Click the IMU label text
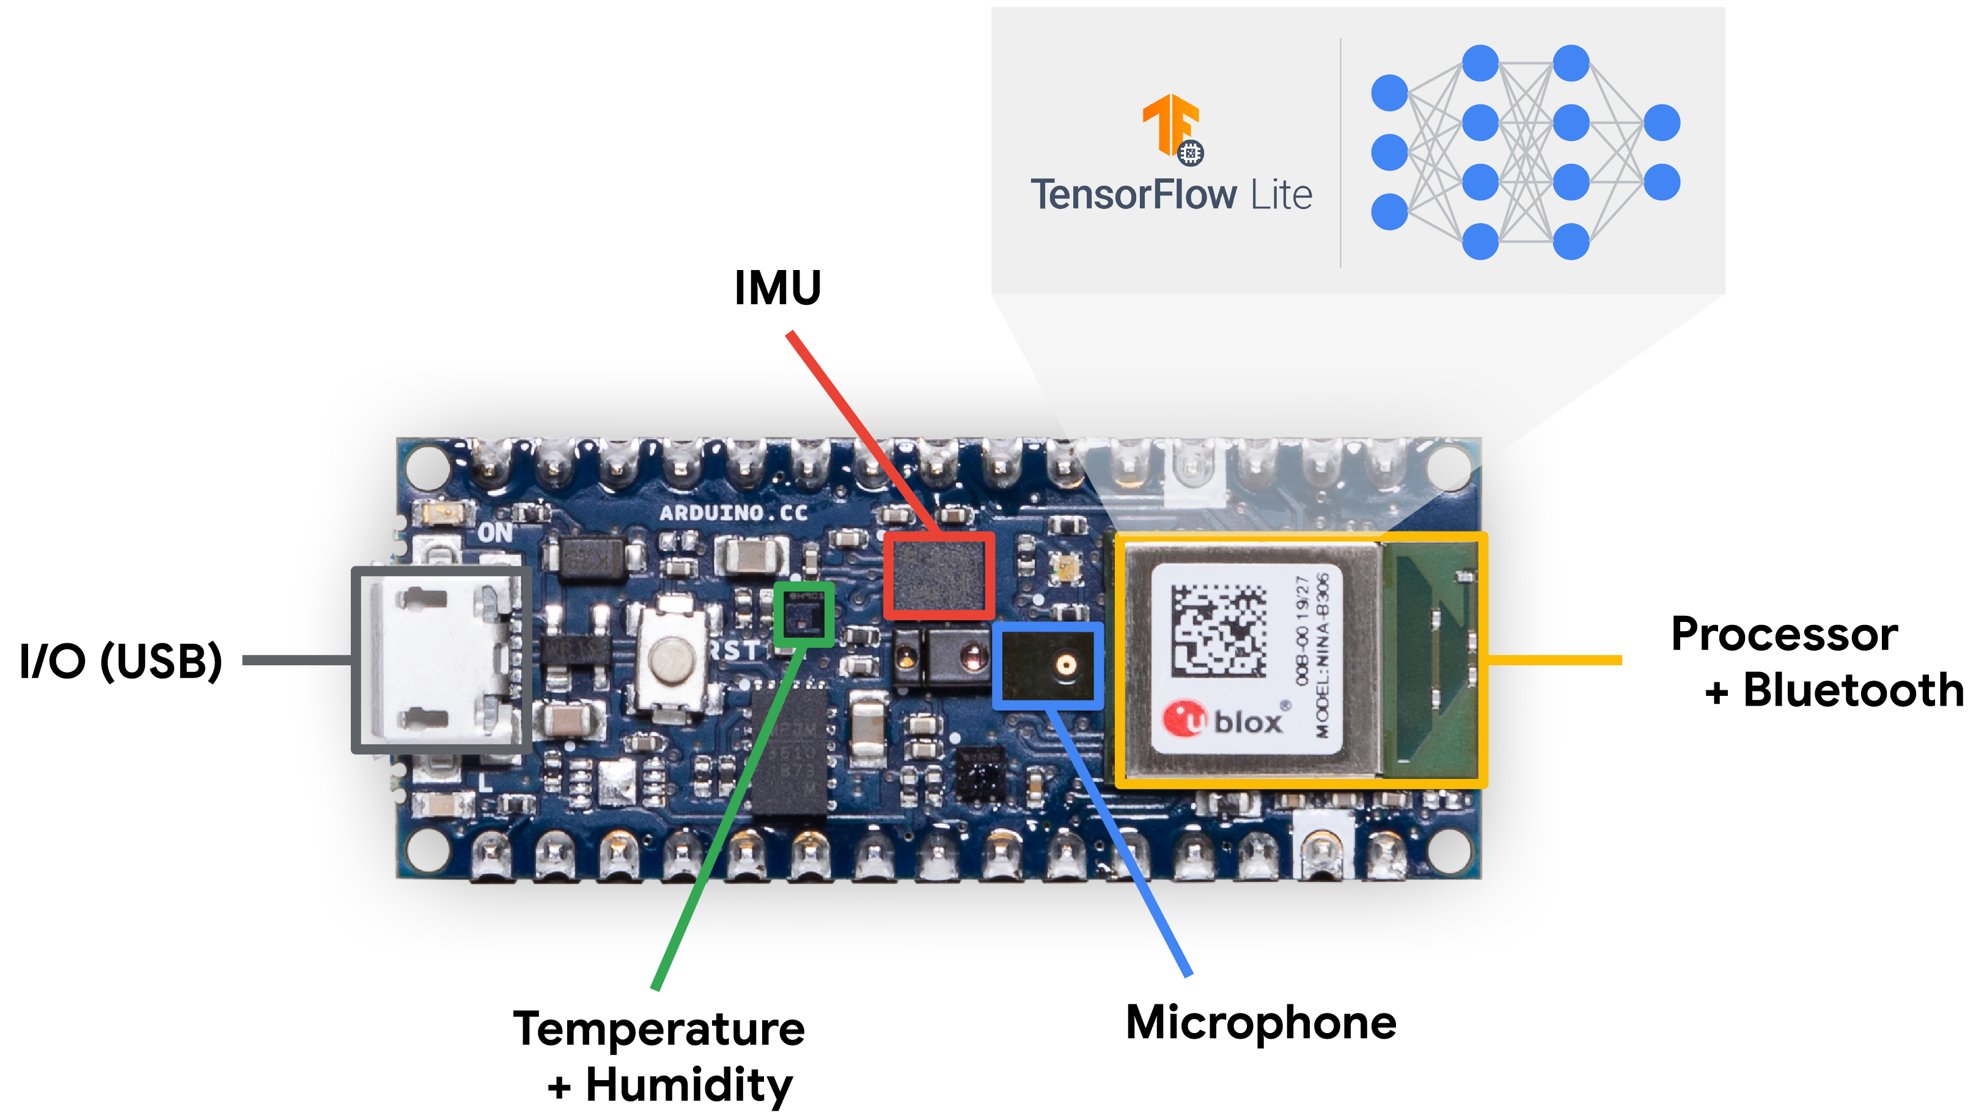(x=778, y=288)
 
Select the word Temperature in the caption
(x=659, y=1029)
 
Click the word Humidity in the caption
(x=689, y=1085)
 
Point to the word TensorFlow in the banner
(x=1133, y=194)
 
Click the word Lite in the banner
(x=1281, y=195)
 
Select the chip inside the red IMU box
(x=938, y=576)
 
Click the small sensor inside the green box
(x=803, y=614)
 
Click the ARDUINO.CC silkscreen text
(x=733, y=513)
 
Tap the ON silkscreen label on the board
(x=495, y=532)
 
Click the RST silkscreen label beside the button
(x=733, y=651)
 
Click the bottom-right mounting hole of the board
(x=1449, y=851)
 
